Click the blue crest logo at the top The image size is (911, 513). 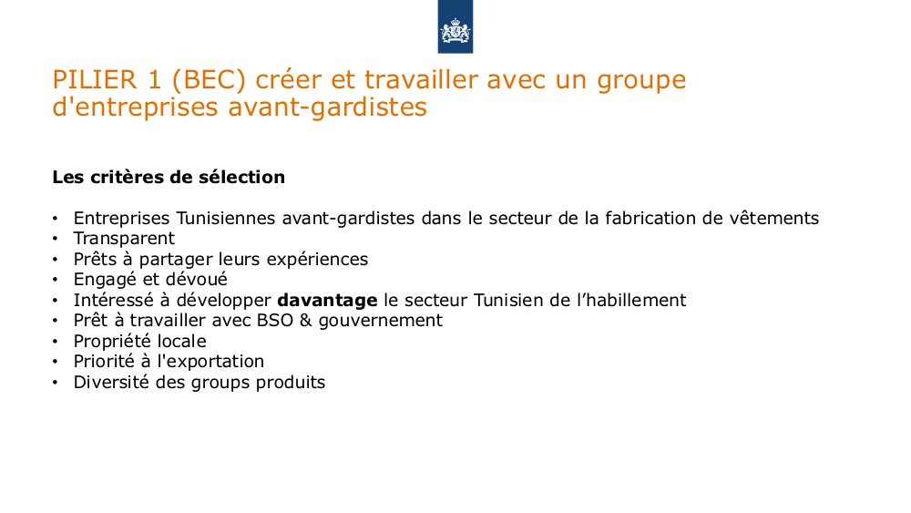pos(455,26)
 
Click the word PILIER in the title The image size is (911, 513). pos(95,79)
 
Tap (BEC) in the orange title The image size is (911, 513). pos(209,79)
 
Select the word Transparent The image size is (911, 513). pos(124,238)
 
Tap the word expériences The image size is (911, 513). pos(317,260)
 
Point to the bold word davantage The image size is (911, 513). pos(327,301)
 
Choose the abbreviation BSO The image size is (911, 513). pos(275,320)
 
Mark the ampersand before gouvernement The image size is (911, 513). pos(305,320)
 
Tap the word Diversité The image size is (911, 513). pos(111,383)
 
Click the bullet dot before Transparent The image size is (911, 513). pos(56,240)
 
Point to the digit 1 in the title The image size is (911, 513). pos(154,79)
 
